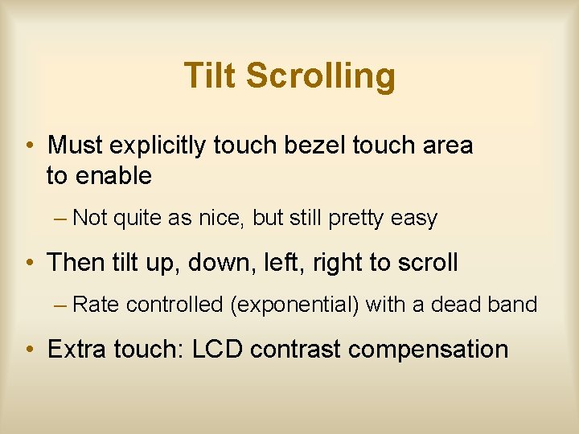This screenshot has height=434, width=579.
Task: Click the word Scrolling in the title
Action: [x=321, y=76]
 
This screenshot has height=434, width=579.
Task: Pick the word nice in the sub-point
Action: [x=221, y=219]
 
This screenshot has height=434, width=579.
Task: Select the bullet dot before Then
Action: [x=28, y=264]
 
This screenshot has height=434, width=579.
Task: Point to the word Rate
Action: [x=96, y=305]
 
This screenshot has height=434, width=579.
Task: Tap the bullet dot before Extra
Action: [x=28, y=350]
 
